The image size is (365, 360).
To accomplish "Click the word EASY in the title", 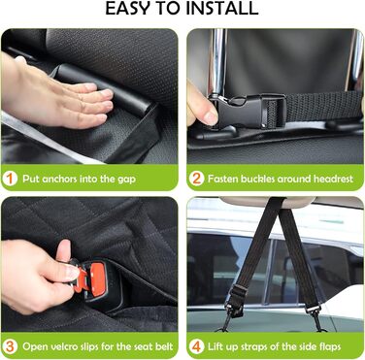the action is tap(127, 9).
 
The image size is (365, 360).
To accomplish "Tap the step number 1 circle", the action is tap(10, 179).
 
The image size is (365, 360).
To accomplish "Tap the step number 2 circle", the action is tap(196, 179).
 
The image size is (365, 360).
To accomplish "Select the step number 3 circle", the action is tap(10, 346).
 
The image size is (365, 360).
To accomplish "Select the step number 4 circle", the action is tap(196, 346).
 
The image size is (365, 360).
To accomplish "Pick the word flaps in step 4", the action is tap(329, 347).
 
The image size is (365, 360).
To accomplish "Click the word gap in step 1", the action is tap(126, 180).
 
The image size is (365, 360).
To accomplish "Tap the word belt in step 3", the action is tap(164, 346).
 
